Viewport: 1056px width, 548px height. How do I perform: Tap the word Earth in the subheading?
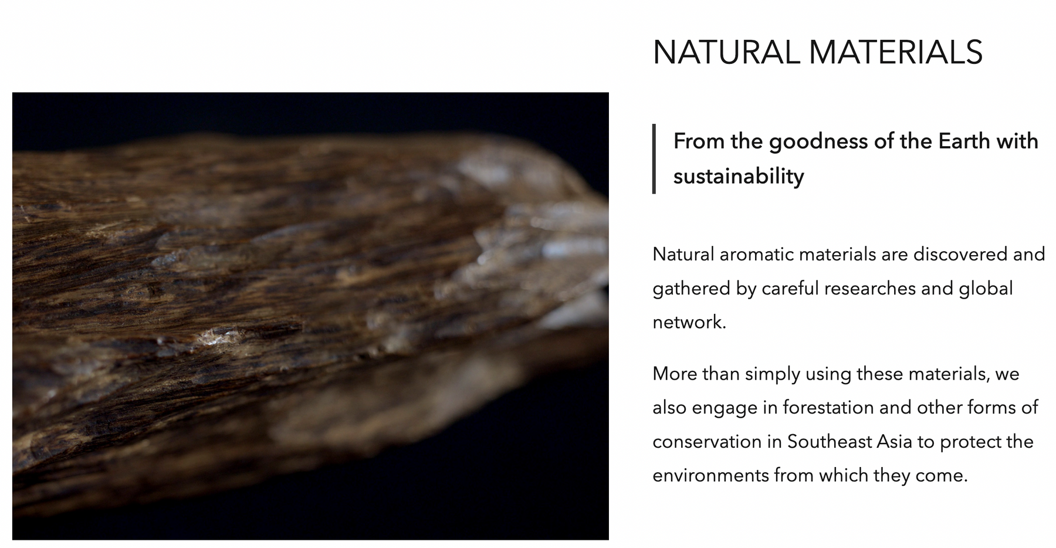pyautogui.click(x=960, y=141)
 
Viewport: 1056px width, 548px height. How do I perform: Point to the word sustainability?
pyautogui.click(x=739, y=177)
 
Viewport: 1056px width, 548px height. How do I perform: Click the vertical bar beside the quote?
pyautogui.click(x=654, y=158)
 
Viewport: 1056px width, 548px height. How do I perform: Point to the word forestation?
pyautogui.click(x=828, y=407)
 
